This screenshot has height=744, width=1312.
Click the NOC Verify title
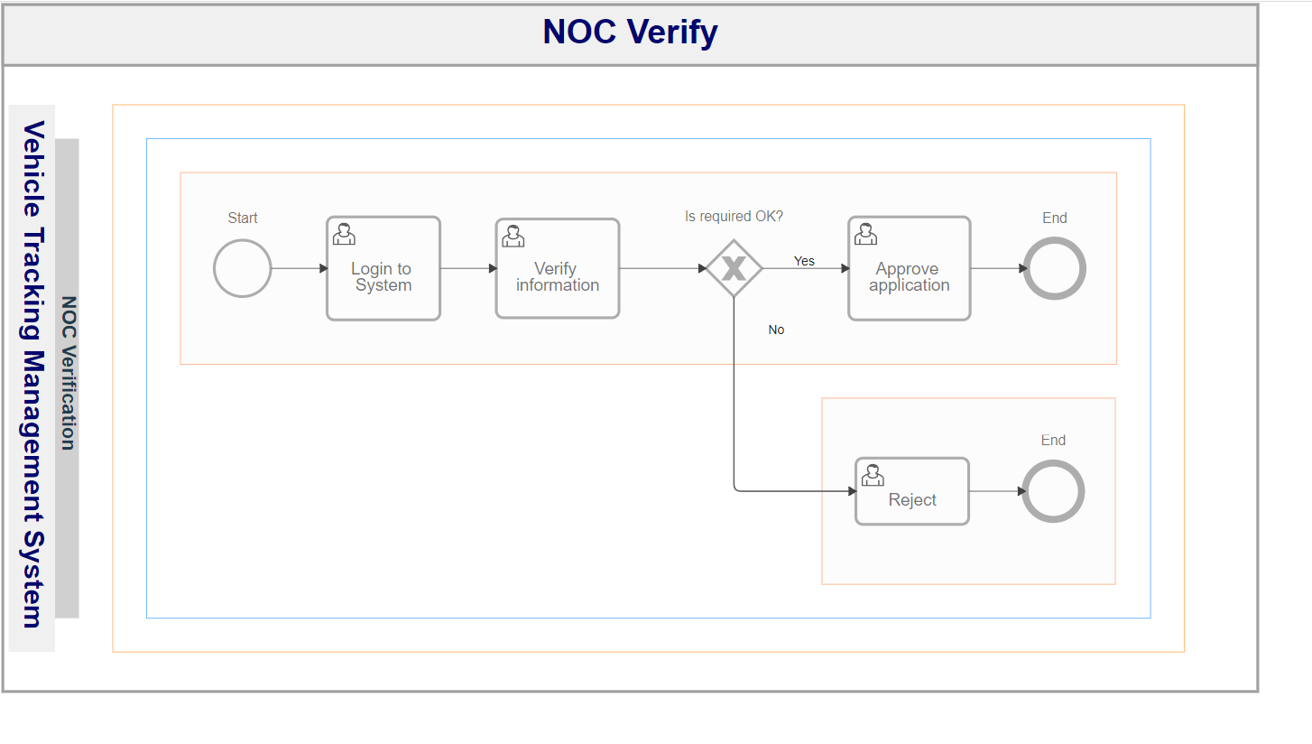point(630,32)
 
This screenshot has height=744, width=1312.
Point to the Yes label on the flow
point(804,261)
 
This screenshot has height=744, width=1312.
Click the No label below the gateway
point(776,330)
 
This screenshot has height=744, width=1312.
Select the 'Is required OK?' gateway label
point(734,217)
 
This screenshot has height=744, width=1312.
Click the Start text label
point(243,219)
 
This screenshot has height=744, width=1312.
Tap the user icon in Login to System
point(344,234)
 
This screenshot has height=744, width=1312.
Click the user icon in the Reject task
point(873,476)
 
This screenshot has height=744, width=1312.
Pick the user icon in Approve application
point(865,234)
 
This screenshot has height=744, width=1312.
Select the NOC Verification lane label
point(69,374)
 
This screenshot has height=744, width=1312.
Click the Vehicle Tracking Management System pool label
point(33,375)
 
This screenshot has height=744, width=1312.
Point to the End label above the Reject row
point(1053,441)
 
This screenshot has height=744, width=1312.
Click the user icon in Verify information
point(513,237)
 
